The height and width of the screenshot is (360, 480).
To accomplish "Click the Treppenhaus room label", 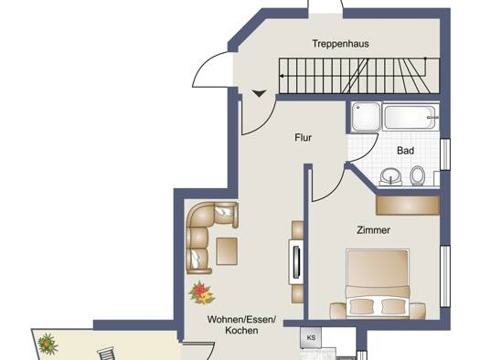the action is pos(340,44).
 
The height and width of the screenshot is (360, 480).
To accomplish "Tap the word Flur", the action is pos(303,138).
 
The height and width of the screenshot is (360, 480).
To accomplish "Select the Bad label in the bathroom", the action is pos(405,151).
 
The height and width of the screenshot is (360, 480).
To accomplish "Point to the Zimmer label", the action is pos(373,230).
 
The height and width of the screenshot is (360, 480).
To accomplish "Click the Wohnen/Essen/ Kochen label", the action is pos(241,325).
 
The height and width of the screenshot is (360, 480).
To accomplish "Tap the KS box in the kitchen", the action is pos(311,338).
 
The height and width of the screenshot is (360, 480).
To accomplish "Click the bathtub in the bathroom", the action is pos(410,118).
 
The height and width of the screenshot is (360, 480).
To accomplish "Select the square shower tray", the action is pos(366,117).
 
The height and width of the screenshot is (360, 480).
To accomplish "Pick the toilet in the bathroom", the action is pos(417,175).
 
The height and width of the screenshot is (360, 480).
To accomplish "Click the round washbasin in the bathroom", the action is pos(391,176).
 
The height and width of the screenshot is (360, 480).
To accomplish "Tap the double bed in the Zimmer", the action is pos(378,284).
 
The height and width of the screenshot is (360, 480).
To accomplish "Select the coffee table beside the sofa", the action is pos(227,251).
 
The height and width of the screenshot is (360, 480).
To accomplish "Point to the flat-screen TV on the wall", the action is pos(296,262).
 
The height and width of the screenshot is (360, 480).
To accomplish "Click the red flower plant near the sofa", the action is pos(202,292).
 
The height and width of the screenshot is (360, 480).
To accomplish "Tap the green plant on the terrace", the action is pos(48,344).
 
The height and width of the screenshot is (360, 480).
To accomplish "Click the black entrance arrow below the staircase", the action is pos(260,93).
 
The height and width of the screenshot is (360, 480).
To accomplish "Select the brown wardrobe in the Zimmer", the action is pos(408,206).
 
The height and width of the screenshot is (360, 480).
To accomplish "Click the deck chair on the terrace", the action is pos(107,354).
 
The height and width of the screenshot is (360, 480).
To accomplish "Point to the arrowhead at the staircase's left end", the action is pos(282,76).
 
